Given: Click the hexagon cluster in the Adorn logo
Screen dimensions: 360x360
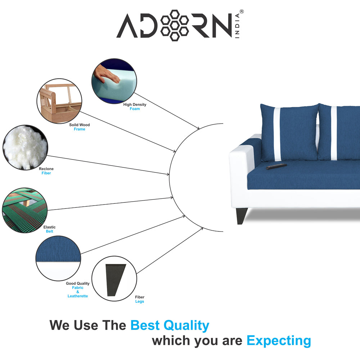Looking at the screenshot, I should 174,25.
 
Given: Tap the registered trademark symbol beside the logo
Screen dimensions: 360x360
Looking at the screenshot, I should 242,12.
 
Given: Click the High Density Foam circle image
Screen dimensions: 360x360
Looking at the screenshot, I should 114,81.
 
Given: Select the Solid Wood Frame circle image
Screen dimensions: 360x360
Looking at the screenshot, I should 59,101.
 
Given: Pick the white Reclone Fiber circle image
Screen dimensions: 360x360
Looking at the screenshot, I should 25,147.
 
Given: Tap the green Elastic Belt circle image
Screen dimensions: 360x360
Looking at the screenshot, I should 24,210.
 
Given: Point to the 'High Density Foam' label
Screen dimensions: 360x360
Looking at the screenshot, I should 135,107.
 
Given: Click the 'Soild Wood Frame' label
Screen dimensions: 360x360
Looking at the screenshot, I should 80,127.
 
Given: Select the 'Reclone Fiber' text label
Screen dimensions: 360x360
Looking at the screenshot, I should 46,171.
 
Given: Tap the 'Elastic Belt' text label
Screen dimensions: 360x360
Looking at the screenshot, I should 49,229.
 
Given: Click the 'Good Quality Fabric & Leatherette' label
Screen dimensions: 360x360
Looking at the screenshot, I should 78,290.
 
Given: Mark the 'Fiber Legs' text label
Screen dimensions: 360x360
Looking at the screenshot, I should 140,300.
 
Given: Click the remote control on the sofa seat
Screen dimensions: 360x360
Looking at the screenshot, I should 276,166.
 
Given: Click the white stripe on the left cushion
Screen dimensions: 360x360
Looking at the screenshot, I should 277,133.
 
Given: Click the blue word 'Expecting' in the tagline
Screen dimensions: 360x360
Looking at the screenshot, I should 279,340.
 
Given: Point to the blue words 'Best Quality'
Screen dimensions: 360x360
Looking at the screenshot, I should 170,325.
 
